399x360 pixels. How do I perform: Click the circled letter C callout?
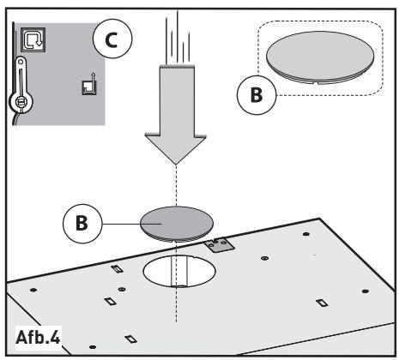tap(113, 39)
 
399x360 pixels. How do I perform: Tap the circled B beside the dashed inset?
tap(257, 95)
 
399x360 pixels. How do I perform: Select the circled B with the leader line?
tap(82, 224)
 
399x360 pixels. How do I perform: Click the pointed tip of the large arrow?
tap(176, 165)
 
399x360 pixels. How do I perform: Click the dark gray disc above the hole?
tap(177, 224)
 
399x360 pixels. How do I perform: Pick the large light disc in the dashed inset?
tap(320, 57)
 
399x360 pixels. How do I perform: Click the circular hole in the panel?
tap(179, 271)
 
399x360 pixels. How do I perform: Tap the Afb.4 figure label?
tap(38, 338)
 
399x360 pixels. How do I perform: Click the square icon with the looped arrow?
tap(33, 39)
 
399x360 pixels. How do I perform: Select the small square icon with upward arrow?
tap(89, 85)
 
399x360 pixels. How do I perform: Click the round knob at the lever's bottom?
tap(21, 102)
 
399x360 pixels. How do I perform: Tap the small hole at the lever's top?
tap(21, 62)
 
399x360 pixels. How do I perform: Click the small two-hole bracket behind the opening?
tap(219, 245)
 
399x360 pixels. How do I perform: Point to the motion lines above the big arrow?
tap(178, 37)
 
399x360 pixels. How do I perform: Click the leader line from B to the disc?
tap(132, 224)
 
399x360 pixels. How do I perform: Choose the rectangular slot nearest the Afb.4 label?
tap(130, 339)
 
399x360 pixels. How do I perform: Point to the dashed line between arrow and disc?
tap(176, 185)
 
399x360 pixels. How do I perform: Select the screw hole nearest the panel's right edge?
tap(365, 291)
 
